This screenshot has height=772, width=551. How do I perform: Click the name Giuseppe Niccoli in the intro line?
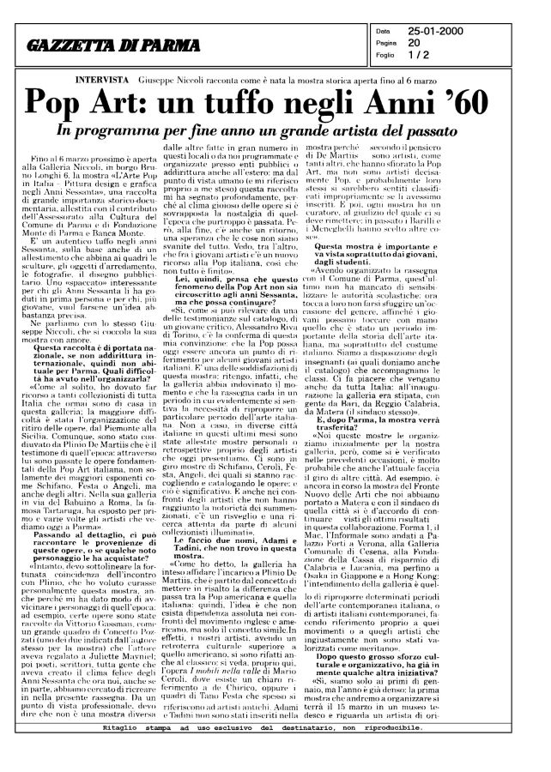point(177,78)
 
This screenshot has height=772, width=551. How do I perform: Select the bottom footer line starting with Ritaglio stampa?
point(275,751)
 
